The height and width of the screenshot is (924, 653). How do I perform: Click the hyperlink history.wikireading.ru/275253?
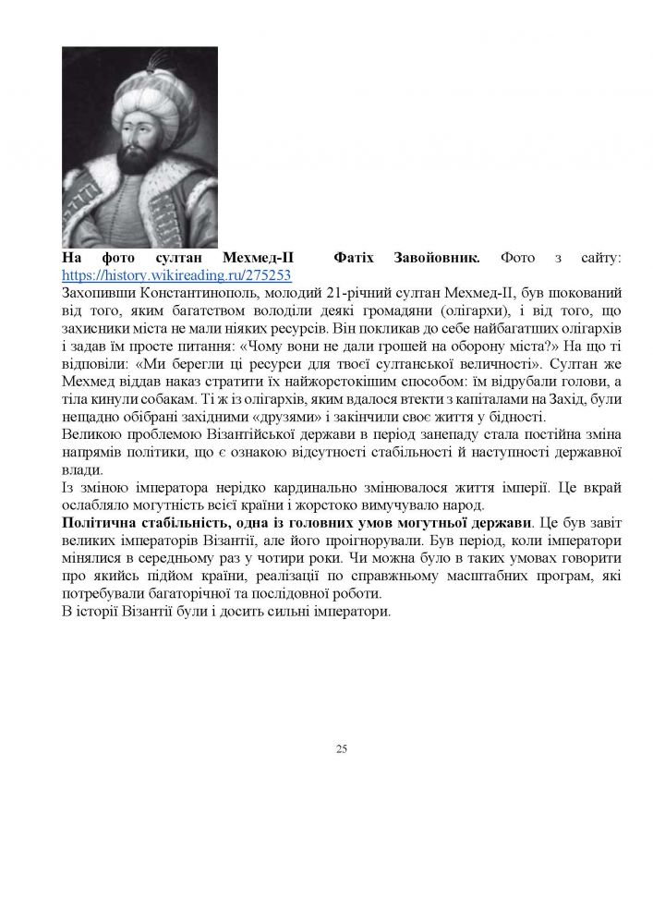(x=176, y=274)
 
